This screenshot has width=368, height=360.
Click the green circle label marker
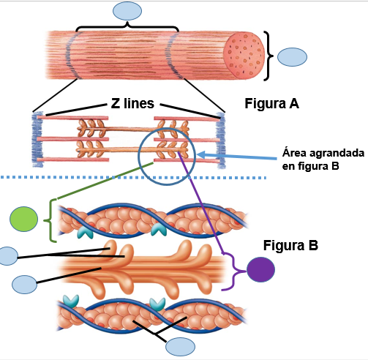23,219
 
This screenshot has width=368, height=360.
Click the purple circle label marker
260,269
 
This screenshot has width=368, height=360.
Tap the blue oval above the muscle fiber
127,11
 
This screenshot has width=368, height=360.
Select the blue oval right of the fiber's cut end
292,57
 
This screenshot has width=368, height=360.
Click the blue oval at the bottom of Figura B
180,347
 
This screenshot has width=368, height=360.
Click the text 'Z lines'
132,103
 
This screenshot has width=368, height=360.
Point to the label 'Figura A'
271,103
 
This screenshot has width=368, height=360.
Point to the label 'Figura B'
290,245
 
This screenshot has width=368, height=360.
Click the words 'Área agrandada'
323,153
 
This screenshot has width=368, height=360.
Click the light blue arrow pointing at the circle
236,157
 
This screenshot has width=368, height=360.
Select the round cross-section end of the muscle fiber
244,55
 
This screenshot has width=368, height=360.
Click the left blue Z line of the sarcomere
37,139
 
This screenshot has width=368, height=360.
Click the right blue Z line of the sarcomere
222,140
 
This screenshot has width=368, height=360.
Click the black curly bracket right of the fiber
269,56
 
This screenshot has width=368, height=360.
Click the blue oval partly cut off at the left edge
9,256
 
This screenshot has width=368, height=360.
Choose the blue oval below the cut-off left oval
25,285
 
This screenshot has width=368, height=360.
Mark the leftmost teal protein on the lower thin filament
71,301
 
